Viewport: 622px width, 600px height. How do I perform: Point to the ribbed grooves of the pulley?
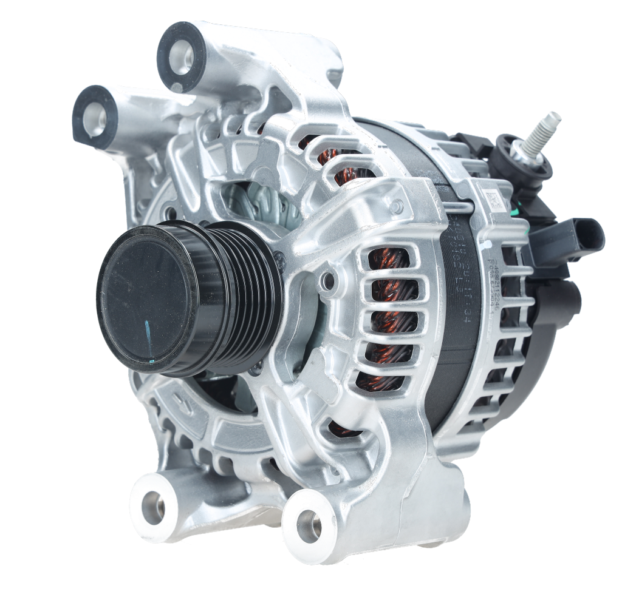click(x=243, y=291)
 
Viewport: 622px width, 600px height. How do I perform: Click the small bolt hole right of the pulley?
click(x=327, y=280)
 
